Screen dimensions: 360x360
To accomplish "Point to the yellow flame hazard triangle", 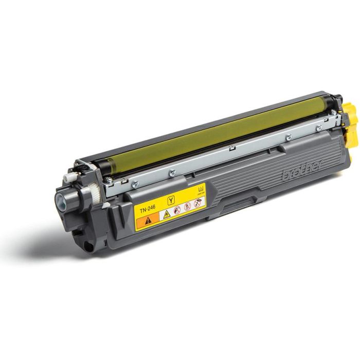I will (166, 214).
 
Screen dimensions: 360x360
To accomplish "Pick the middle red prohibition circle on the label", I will (187, 206).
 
